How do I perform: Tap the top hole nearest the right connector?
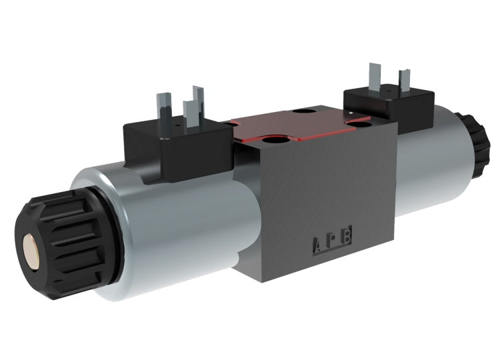click(361, 121)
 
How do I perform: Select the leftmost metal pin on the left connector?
click(163, 107)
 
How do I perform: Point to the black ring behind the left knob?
click(100, 230)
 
